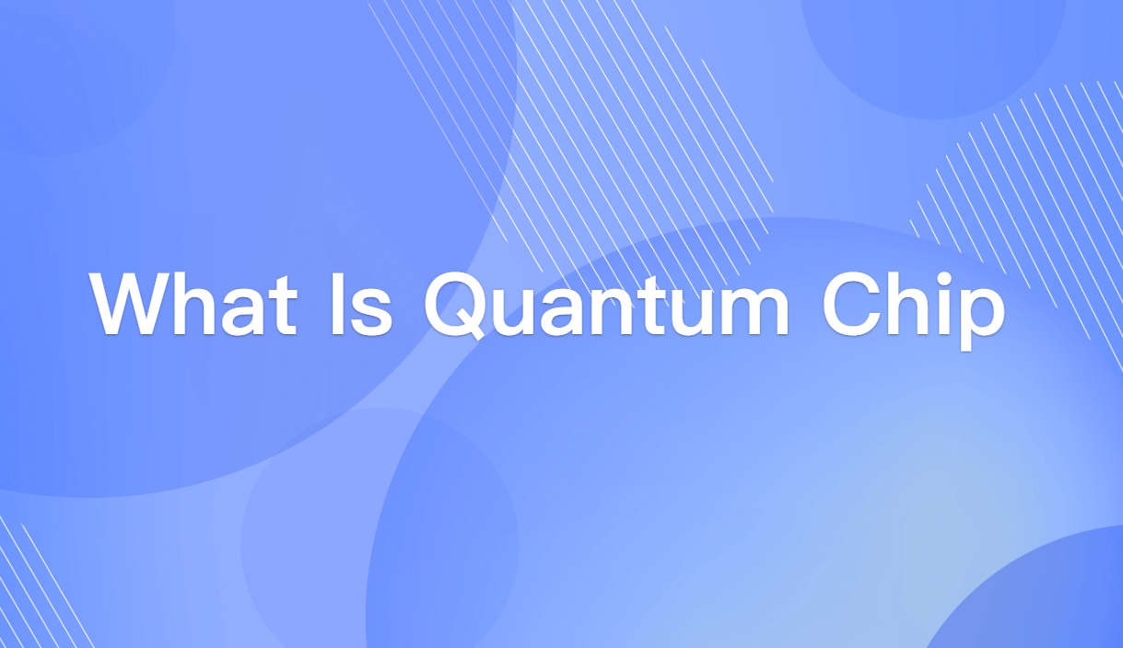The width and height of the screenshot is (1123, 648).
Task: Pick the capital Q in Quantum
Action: click(458, 304)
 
